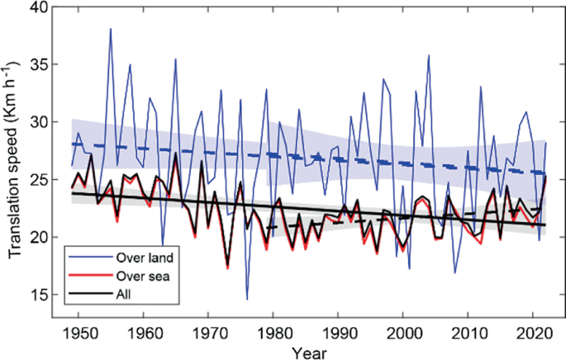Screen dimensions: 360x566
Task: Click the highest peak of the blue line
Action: [x=111, y=29]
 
